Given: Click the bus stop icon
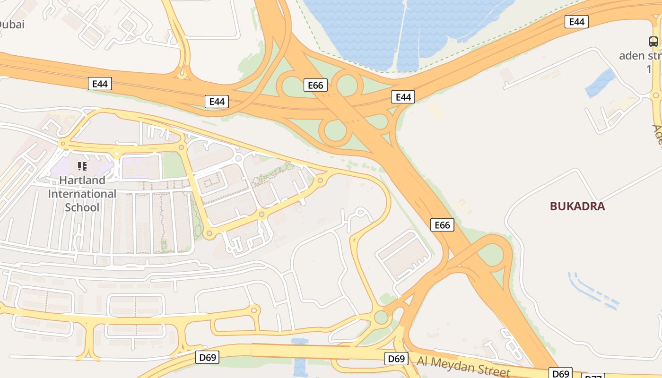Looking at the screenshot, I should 653,42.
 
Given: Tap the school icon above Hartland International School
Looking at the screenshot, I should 82,166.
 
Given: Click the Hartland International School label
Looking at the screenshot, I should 82,194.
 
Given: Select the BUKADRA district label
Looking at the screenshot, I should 577,206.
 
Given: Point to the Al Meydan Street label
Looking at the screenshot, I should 463,367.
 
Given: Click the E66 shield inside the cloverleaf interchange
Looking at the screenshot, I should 315,85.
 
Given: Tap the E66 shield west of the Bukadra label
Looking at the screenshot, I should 442,225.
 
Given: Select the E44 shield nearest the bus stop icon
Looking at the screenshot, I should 576,22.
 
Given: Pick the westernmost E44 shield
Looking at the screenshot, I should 100,84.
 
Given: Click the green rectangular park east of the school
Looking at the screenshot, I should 174,165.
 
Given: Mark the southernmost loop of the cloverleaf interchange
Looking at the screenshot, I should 335,131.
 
